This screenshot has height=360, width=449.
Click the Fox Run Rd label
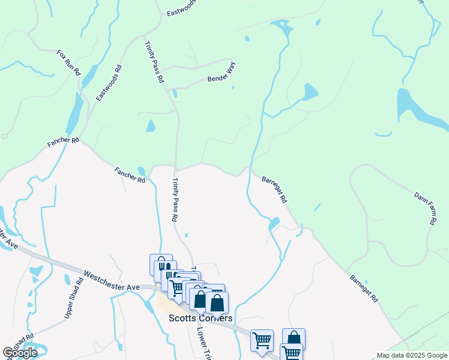point(68,62)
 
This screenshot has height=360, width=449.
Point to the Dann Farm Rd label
point(425,208)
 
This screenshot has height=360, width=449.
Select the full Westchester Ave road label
point(112,280)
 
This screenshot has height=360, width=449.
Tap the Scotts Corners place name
point(200,318)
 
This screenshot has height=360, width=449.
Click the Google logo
point(20,353)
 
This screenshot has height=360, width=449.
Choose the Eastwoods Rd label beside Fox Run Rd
point(109,83)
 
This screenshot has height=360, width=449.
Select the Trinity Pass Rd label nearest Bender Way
point(154,62)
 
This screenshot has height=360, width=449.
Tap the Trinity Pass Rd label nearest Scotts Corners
point(175,200)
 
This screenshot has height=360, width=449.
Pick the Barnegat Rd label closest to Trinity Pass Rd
point(274,188)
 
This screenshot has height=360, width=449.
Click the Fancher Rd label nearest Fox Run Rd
point(64,143)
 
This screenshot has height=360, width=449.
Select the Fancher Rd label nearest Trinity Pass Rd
point(130,175)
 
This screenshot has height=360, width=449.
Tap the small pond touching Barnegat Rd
point(274,224)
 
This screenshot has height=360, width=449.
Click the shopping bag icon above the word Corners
point(217,302)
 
